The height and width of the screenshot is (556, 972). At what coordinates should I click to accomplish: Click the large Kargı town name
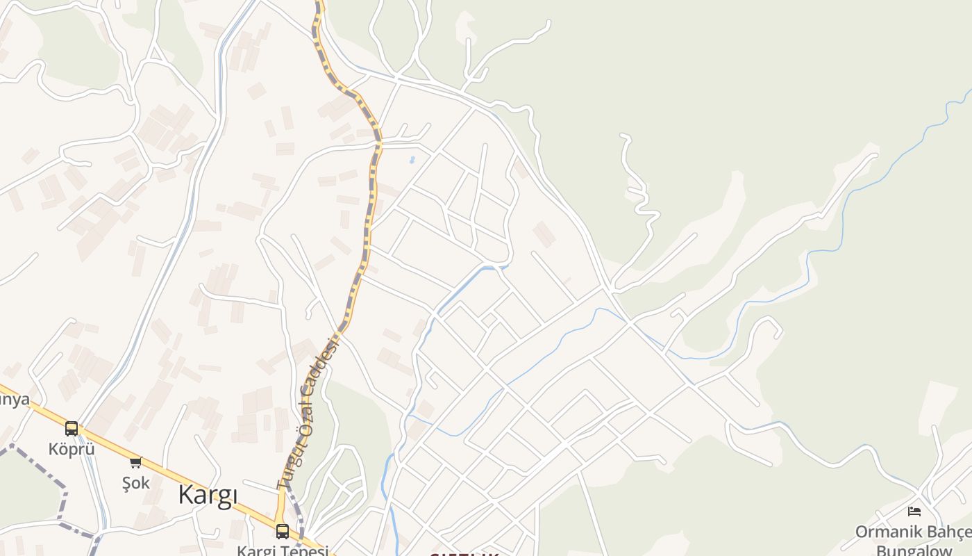click(208, 495)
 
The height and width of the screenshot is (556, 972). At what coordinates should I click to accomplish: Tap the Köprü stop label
click(72, 449)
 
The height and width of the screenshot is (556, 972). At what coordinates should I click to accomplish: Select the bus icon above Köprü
click(72, 429)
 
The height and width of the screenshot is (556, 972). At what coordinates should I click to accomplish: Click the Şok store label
click(135, 482)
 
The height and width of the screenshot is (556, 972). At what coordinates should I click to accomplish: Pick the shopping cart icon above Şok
click(135, 462)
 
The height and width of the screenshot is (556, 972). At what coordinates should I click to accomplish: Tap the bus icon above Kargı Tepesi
click(282, 531)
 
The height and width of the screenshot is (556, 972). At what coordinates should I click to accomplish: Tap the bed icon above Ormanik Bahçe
click(914, 512)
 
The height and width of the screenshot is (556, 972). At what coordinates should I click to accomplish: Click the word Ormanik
click(886, 532)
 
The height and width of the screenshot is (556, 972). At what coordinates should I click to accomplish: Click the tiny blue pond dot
click(412, 160)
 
